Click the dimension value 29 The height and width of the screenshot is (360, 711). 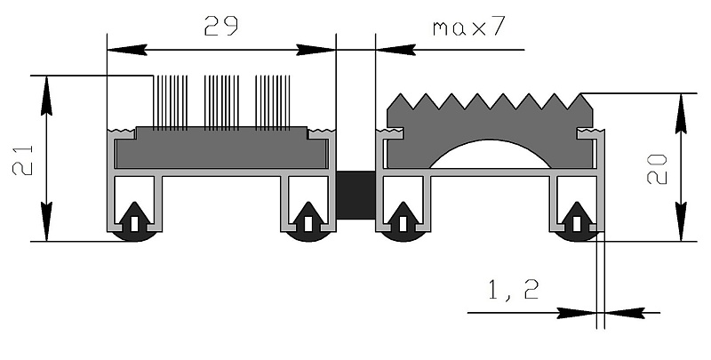click(x=220, y=26)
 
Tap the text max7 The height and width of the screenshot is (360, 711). click(x=469, y=28)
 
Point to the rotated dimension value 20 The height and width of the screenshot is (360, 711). click(x=657, y=169)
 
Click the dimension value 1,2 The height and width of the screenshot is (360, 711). click(x=514, y=290)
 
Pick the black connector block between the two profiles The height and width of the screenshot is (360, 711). click(x=355, y=195)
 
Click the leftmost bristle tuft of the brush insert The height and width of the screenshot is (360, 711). click(x=171, y=103)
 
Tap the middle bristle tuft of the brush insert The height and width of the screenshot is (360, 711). click(x=221, y=103)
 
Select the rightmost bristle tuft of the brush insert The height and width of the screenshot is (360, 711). click(x=273, y=103)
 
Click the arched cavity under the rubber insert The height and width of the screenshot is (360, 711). click(x=491, y=154)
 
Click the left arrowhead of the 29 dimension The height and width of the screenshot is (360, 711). click(x=127, y=50)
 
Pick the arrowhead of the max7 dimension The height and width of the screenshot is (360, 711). click(x=395, y=50)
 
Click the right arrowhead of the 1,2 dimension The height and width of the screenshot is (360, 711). click(x=625, y=312)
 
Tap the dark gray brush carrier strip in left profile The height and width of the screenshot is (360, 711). click(x=221, y=148)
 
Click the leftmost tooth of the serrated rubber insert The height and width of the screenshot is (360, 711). click(x=400, y=101)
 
